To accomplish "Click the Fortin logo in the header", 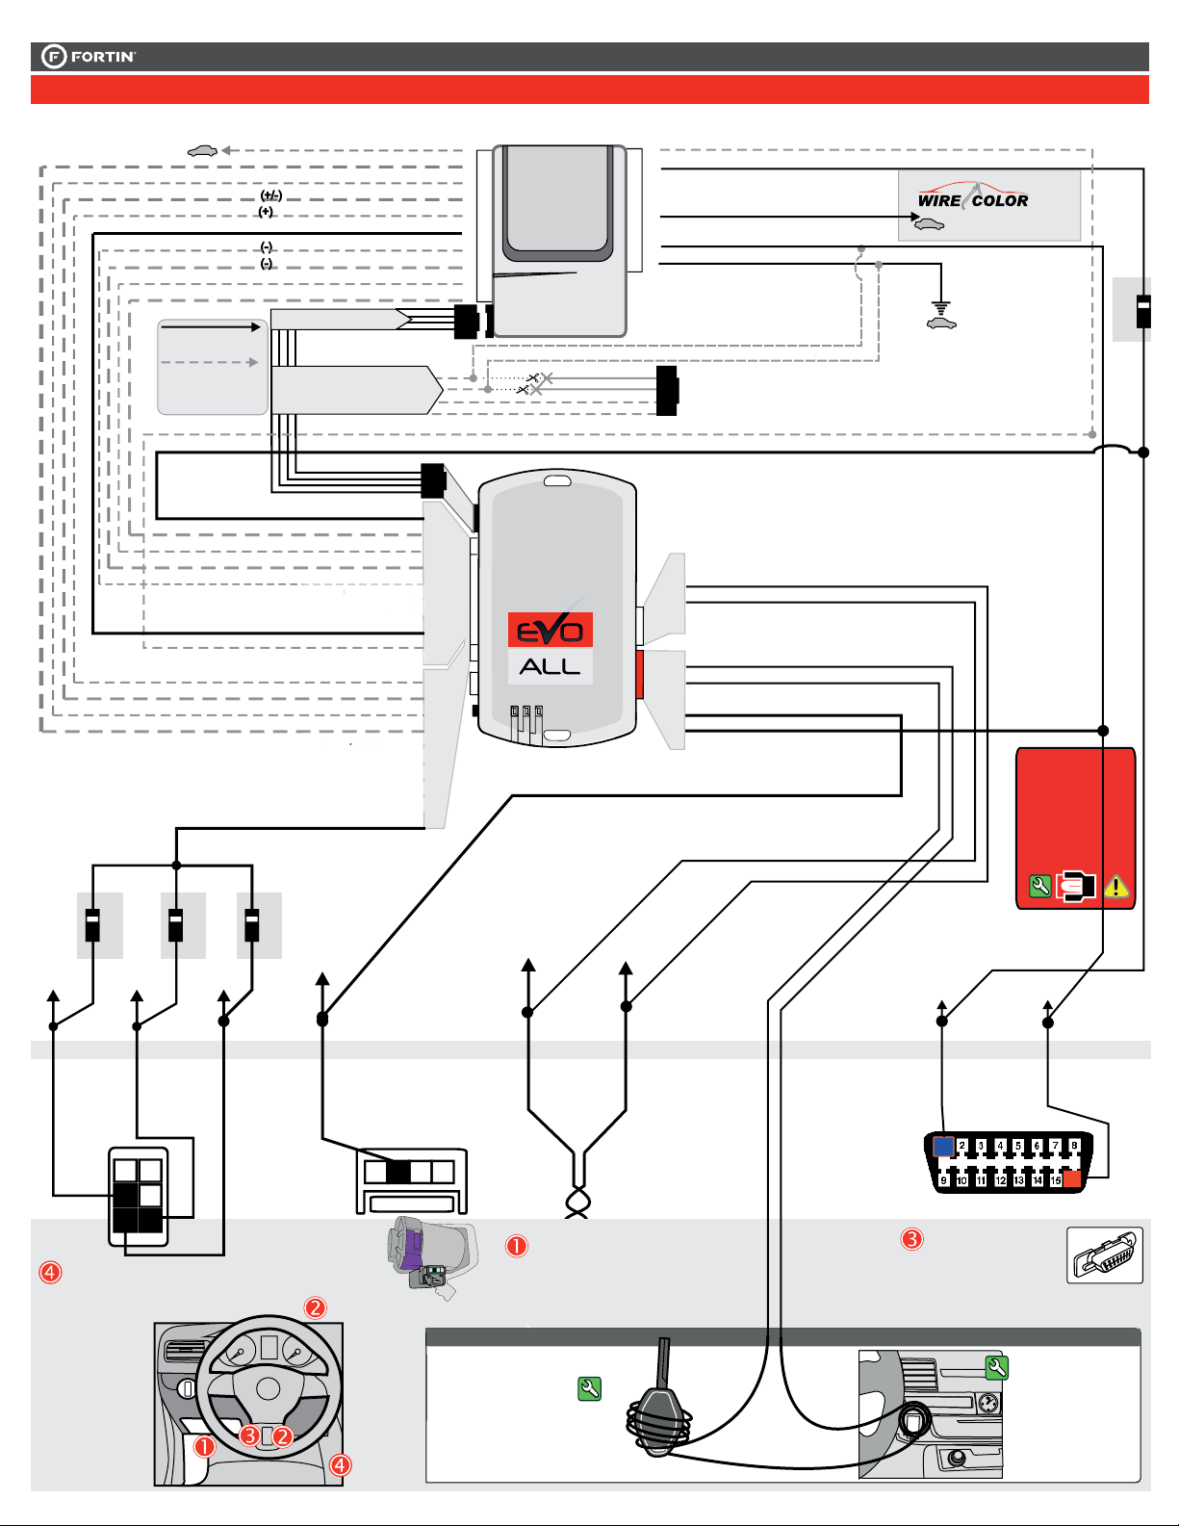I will pos(89,57).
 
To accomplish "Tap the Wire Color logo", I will pos(972,200).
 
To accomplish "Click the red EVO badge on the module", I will pos(550,630).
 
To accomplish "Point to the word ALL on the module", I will pos(550,666).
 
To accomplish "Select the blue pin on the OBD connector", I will pos(943,1146).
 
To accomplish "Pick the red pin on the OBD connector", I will pos(1073,1179).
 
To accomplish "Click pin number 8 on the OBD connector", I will pos(1074,1146).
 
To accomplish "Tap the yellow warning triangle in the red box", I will pos(1115,886).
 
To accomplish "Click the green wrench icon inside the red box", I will pos(1039,886).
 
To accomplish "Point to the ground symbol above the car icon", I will pos(940,308).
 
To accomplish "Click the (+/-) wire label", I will pos(271,195).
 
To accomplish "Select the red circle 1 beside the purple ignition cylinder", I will pos(517,1246).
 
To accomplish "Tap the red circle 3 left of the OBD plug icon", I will pos(911,1239).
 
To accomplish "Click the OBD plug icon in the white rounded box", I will pos(1105,1254).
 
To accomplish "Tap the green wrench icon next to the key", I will pos(589,1388).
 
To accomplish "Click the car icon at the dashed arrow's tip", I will pos(201,150).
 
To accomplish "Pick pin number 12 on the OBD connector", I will pos(1000,1179).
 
